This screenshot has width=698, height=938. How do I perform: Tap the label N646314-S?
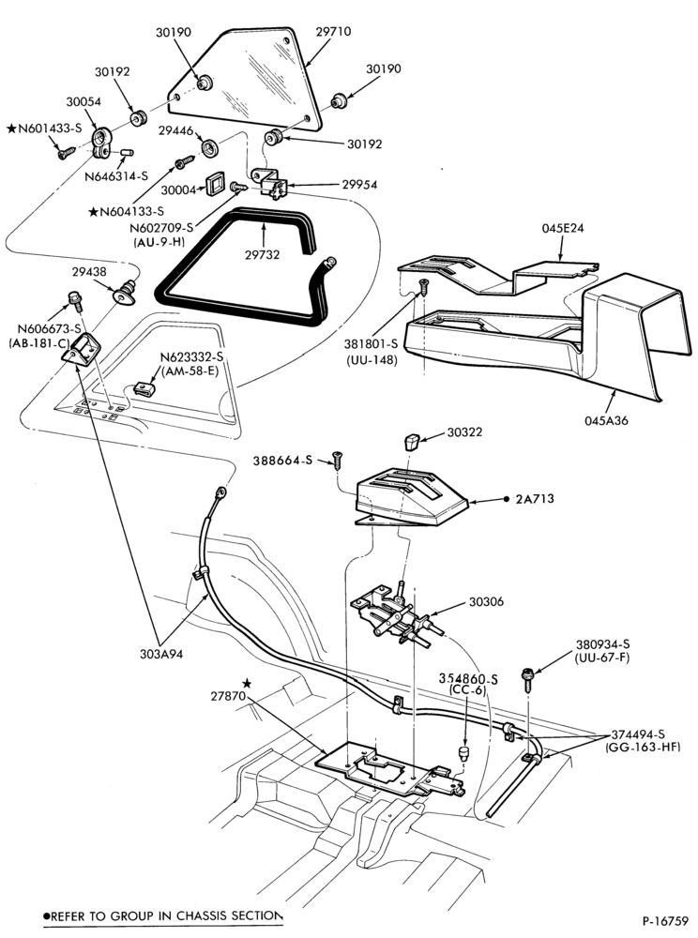[x=116, y=176]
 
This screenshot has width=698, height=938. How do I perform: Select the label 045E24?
[x=563, y=228]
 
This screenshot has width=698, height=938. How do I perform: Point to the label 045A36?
[x=606, y=420]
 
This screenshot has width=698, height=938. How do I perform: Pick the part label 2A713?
[x=535, y=498]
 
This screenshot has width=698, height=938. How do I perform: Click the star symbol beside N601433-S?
[x=11, y=128]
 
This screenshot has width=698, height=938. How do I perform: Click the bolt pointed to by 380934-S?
[x=528, y=678]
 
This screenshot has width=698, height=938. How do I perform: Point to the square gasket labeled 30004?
[x=215, y=185]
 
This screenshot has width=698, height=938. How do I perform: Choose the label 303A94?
[x=160, y=654]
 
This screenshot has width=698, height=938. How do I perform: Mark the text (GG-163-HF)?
[x=643, y=748]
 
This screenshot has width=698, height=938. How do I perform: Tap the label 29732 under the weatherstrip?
[x=262, y=255]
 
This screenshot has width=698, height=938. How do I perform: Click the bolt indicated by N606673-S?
[x=75, y=300]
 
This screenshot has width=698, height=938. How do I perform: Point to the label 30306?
[x=486, y=602]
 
